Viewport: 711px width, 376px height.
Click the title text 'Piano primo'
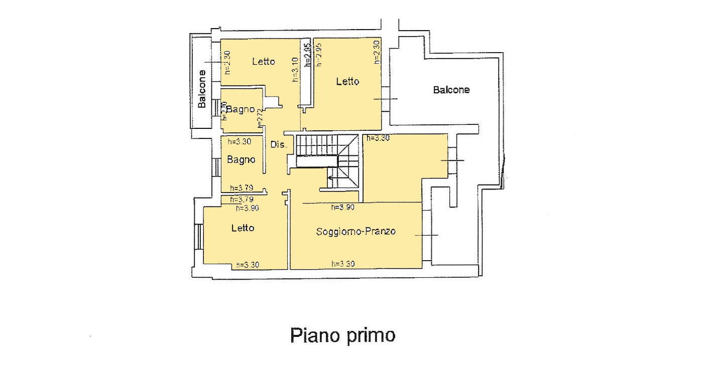coord(342,335)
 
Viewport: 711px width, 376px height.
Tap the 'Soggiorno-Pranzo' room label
coord(356,231)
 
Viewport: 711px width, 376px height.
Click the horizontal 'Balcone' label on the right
coord(451,90)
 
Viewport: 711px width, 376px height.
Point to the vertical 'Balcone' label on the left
coord(202,89)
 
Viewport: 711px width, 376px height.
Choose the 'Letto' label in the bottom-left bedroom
coord(243,228)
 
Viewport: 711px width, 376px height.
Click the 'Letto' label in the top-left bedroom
coord(263,61)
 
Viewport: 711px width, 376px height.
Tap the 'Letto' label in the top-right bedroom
coord(347,81)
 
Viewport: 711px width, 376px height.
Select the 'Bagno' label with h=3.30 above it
coord(241,160)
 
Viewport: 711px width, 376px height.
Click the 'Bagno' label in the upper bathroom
coord(240,109)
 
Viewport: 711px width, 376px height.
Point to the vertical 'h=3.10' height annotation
coord(296,69)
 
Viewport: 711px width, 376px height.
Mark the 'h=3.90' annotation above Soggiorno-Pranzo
coord(343,207)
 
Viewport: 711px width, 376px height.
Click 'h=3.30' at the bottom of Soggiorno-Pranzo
coord(343,264)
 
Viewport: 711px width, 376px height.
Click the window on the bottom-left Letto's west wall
coord(198,237)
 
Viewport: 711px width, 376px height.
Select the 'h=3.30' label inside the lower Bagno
coord(240,142)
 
